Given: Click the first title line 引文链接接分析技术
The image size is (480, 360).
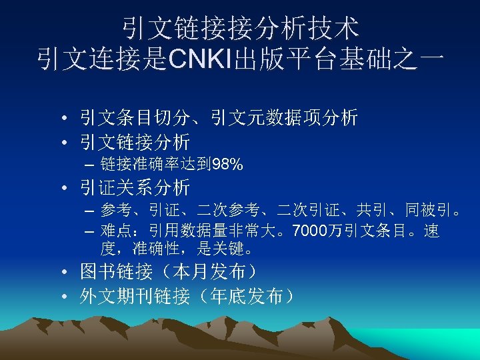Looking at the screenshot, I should [240, 28].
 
